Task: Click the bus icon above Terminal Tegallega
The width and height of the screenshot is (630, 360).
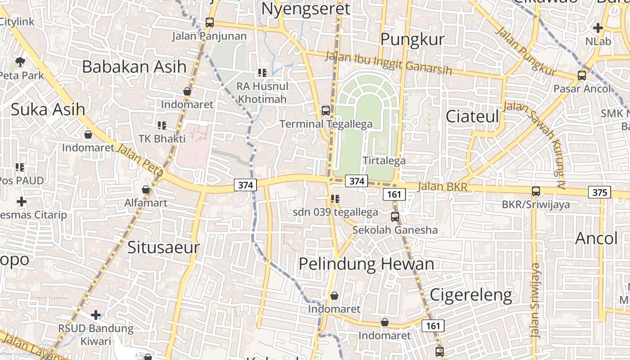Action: click(325, 110)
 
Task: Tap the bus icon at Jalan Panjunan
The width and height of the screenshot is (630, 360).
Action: click(209, 22)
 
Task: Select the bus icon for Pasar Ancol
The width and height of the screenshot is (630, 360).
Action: click(581, 75)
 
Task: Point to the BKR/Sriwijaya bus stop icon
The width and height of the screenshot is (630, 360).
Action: click(535, 191)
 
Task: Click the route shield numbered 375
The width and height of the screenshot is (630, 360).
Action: click(599, 193)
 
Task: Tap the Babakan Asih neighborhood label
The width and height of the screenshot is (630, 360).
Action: click(134, 67)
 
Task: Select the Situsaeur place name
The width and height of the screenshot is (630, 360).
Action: click(163, 247)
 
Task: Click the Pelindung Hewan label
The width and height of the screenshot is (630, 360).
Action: click(366, 264)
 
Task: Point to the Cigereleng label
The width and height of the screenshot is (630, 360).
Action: click(471, 295)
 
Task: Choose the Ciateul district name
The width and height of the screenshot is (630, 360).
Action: click(472, 117)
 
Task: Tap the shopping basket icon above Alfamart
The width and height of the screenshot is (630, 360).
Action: click(146, 189)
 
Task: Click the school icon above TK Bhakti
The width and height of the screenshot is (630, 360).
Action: click(162, 125)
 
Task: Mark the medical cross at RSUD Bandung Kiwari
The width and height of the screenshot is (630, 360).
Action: click(95, 315)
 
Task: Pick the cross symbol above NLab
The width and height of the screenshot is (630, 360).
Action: click(598, 28)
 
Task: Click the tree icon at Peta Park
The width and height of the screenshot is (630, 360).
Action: click(20, 62)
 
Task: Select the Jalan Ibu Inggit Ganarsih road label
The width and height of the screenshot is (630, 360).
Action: click(387, 63)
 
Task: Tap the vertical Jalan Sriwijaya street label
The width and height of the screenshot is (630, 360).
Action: click(535, 301)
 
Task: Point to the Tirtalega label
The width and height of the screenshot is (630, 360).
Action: click(384, 161)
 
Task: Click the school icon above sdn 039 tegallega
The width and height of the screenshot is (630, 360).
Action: click(335, 198)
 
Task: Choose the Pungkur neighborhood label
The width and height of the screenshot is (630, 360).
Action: click(412, 40)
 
